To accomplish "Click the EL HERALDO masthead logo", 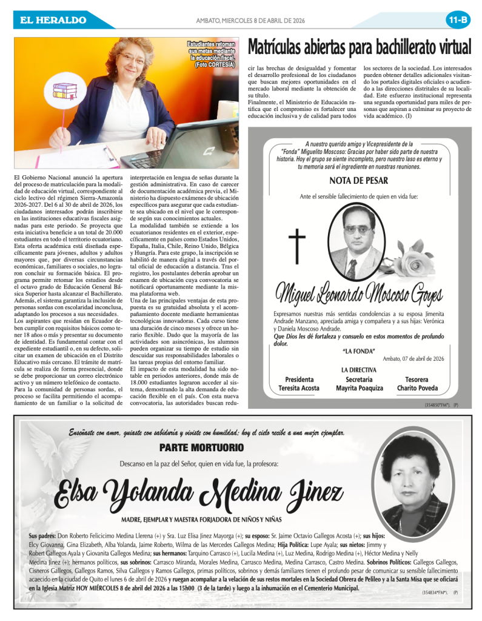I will click(53, 20).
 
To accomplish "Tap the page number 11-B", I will click(458, 20).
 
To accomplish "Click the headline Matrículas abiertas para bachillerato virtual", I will click(360, 47).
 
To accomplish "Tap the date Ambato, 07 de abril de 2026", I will click(413, 358).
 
